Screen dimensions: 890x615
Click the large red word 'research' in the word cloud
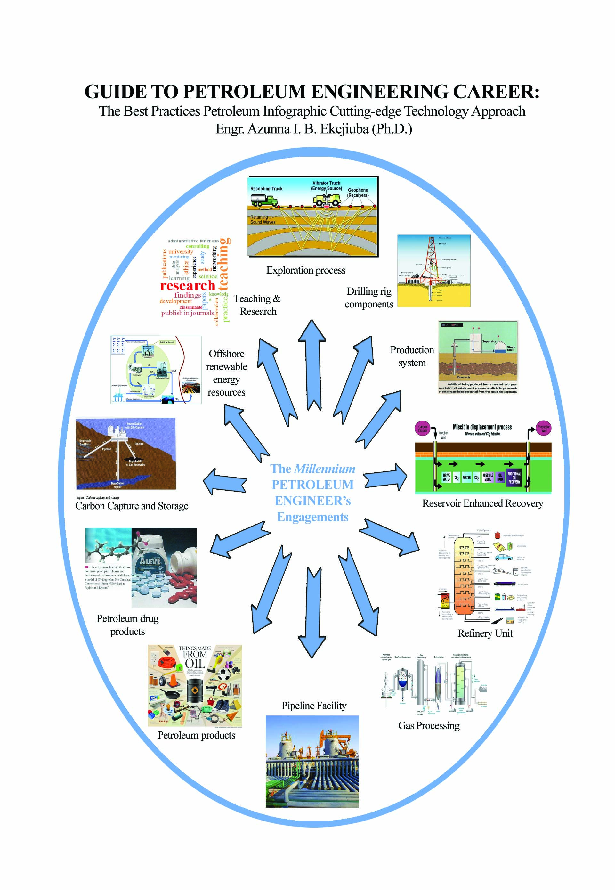(x=188, y=286)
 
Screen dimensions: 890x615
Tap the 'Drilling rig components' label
(x=369, y=298)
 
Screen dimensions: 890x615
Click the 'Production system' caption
(x=412, y=356)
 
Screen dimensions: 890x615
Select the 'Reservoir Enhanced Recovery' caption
(x=482, y=503)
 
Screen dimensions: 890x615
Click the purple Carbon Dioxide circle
(x=423, y=428)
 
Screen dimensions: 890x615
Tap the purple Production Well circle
(x=544, y=428)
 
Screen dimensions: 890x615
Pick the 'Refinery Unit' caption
(x=485, y=633)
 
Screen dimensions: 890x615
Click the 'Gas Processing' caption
(x=429, y=725)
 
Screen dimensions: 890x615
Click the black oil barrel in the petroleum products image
(x=195, y=691)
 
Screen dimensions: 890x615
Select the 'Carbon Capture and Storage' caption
(x=132, y=506)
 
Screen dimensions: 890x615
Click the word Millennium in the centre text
(x=324, y=469)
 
